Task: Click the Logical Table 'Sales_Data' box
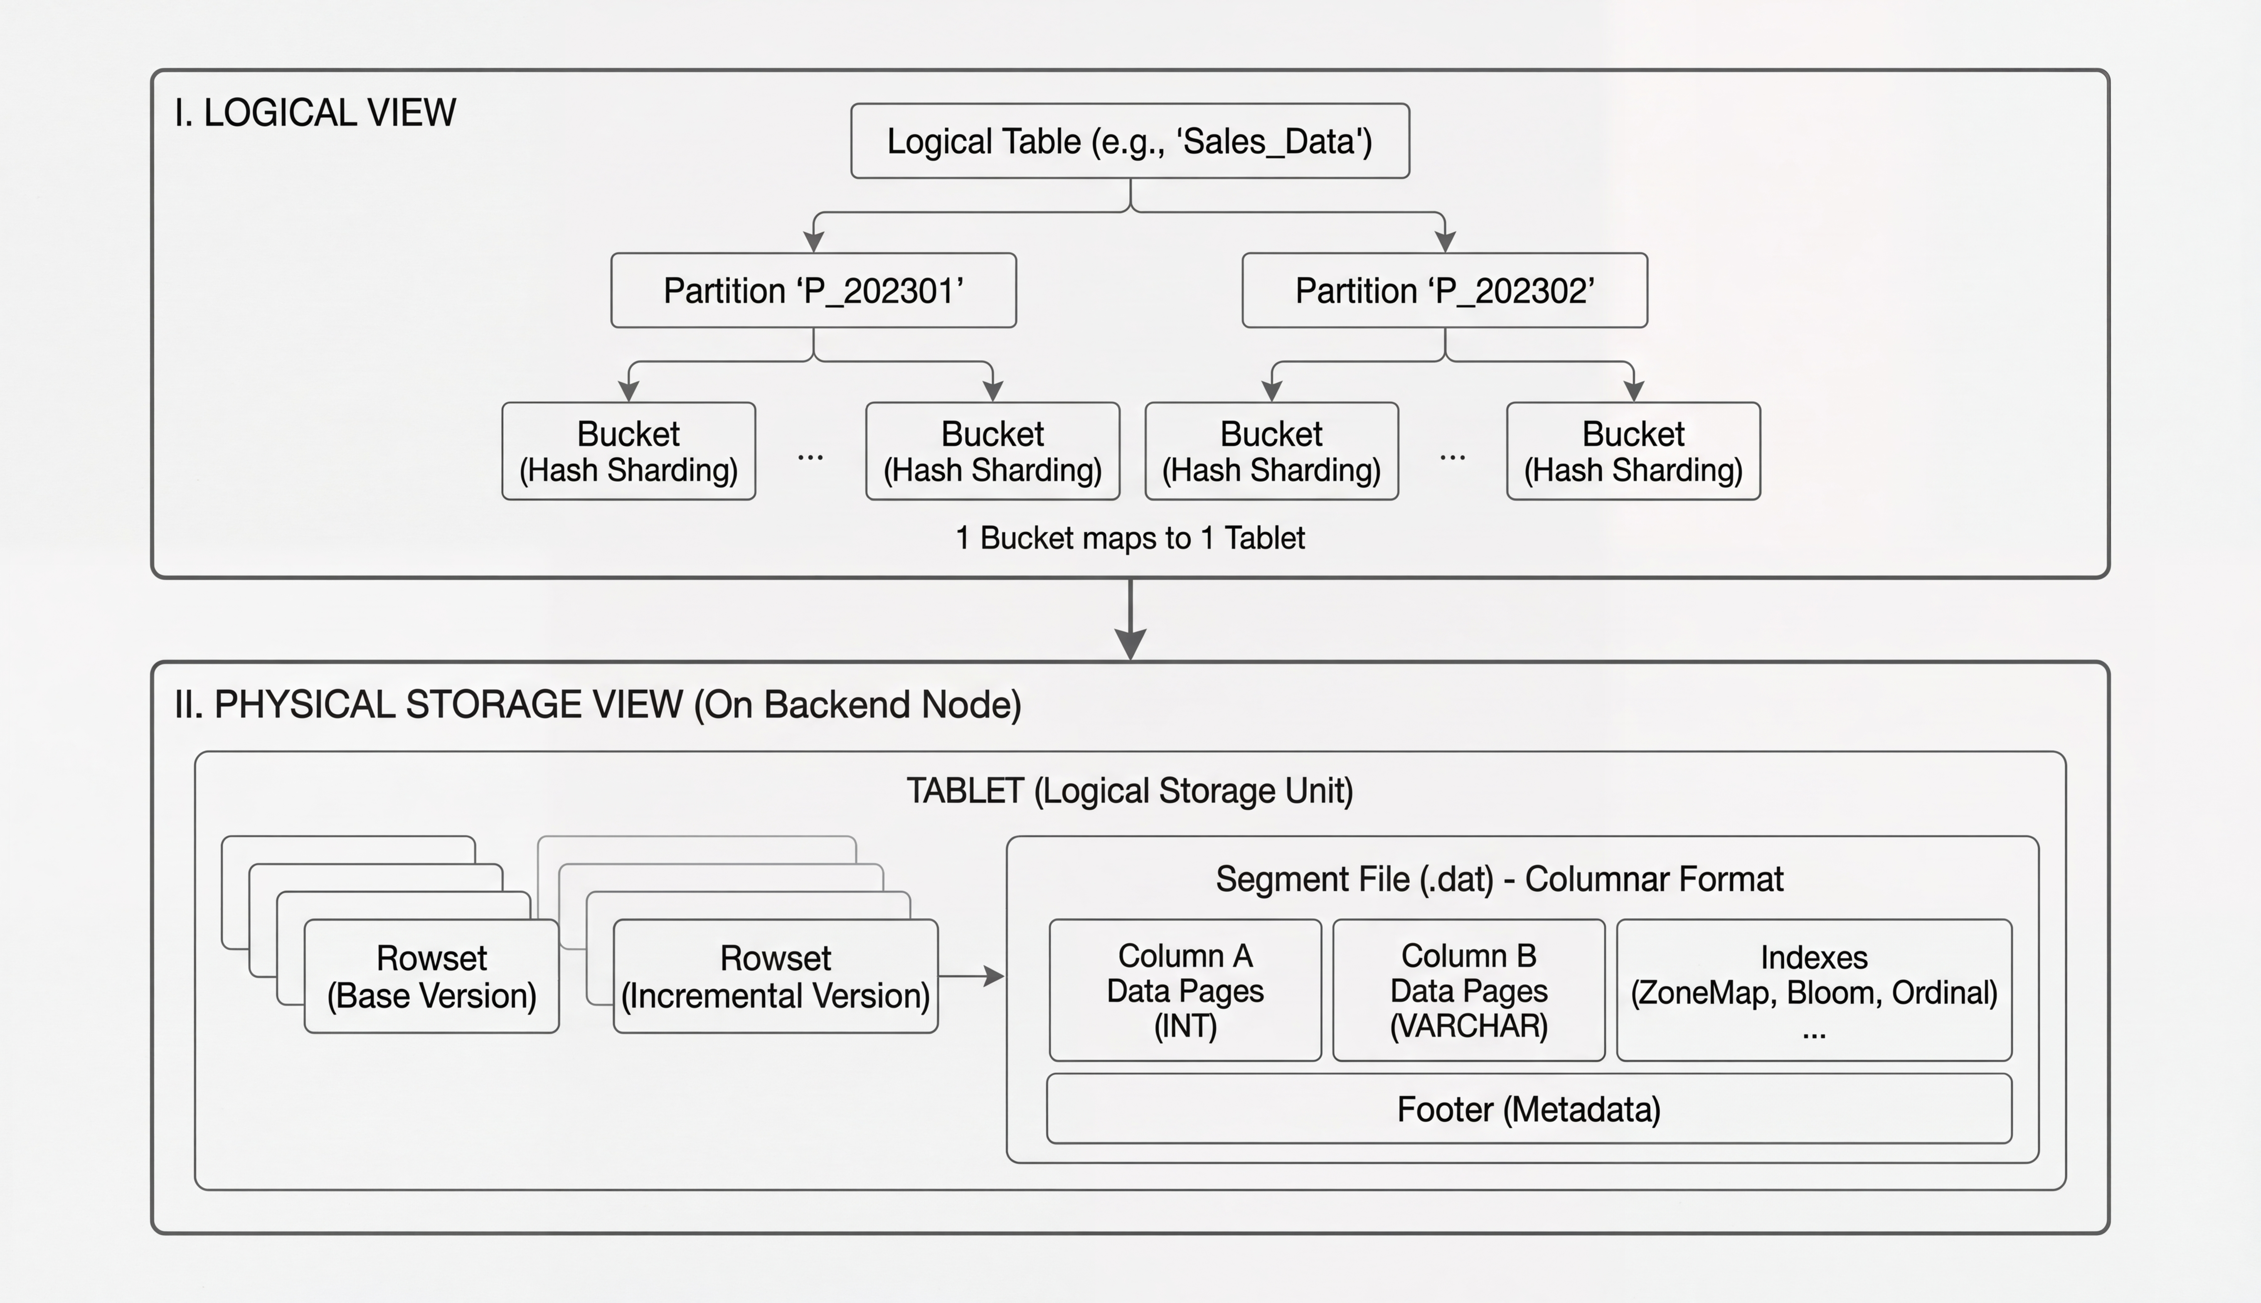1130,141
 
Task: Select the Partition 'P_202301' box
813,291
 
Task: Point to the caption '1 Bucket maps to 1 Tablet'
1130,538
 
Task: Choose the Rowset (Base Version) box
431,977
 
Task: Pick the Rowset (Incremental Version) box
775,977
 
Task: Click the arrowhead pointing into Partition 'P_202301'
813,242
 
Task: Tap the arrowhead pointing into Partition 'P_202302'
1445,242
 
